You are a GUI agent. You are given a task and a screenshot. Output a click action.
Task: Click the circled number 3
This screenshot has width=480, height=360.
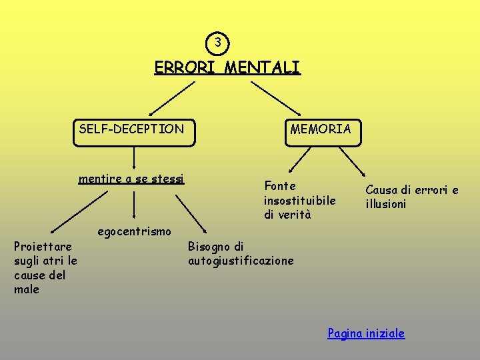217,43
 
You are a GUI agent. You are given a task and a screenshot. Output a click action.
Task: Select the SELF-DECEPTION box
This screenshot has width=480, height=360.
135,130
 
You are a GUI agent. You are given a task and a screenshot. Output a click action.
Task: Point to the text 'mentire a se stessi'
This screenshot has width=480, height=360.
131,179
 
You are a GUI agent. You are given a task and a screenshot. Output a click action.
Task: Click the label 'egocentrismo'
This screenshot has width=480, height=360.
135,232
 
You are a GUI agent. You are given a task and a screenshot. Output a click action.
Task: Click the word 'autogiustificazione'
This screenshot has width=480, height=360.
241,261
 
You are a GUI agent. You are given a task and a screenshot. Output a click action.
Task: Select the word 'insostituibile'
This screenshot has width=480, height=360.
299,200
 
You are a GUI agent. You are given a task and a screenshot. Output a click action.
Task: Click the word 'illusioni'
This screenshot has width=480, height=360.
385,204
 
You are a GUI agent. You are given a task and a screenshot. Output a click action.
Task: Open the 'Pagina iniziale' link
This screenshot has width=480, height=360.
366,333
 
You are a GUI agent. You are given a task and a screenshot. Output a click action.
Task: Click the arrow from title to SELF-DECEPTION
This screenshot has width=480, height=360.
171,99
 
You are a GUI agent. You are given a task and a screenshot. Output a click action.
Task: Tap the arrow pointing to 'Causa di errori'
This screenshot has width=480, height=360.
353,162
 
